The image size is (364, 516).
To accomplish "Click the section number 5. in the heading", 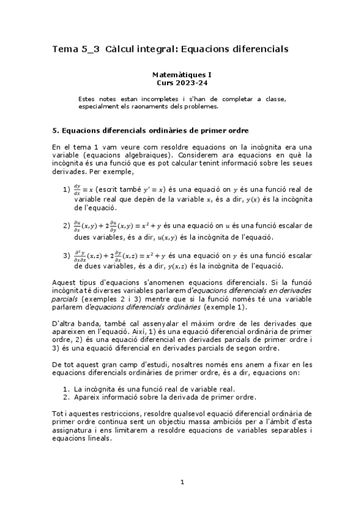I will point(56,130).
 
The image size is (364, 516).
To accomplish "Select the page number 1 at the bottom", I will point(182,483).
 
